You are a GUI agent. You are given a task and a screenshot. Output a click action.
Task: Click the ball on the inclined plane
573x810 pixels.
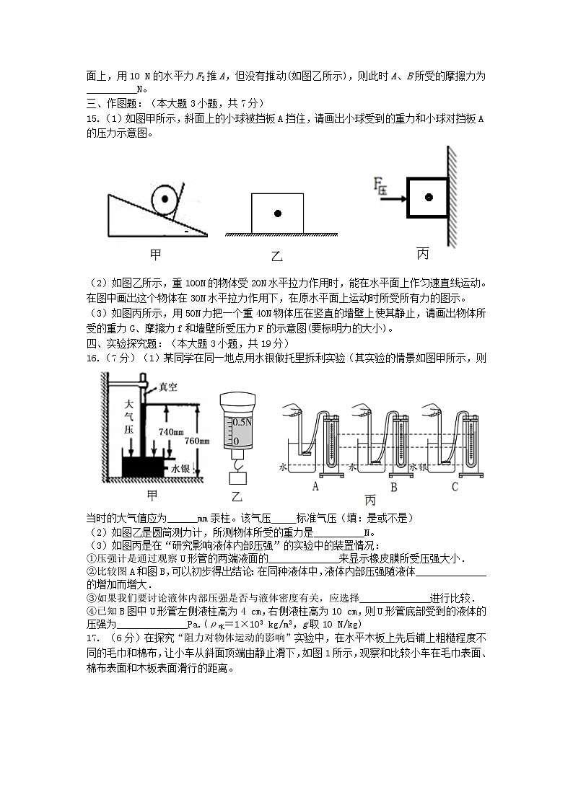[165, 197]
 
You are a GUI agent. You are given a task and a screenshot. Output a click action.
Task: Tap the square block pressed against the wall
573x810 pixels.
[429, 196]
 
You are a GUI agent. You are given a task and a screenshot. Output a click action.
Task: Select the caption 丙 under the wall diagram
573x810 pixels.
[423, 254]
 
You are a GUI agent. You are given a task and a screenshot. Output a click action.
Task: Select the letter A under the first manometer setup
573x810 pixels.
[315, 487]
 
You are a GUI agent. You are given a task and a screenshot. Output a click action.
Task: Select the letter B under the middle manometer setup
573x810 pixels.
[394, 487]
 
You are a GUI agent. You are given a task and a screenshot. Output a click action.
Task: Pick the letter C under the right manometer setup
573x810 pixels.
[455, 487]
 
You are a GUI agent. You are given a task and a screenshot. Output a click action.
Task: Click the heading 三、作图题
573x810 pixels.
[112, 103]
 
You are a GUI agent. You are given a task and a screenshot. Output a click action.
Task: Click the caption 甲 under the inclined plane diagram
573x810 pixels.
[154, 254]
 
